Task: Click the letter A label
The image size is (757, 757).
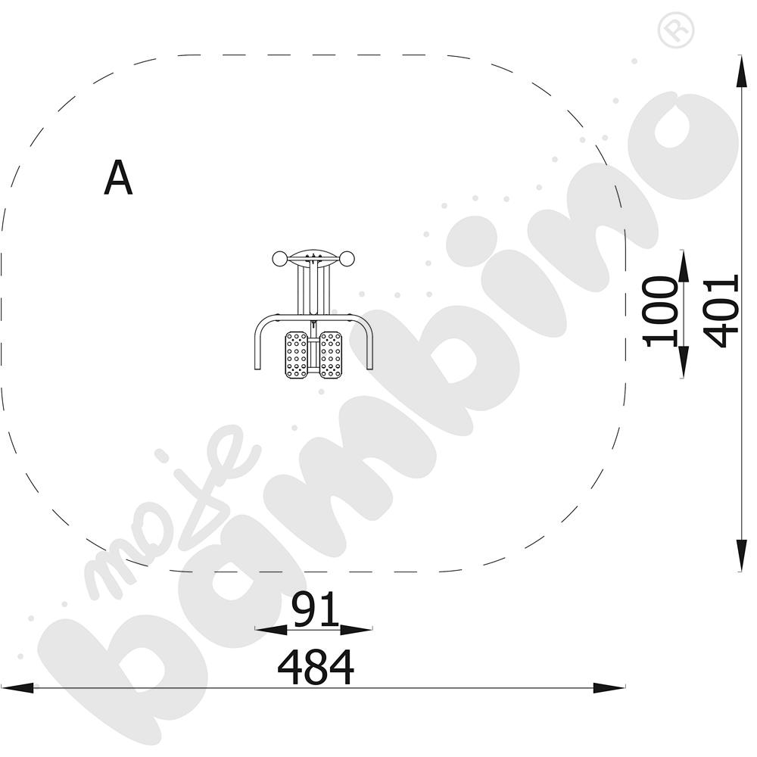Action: (x=118, y=178)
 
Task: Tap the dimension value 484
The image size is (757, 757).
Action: (x=316, y=667)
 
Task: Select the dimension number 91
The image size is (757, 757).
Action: (x=316, y=609)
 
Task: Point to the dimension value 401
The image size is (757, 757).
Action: (x=721, y=311)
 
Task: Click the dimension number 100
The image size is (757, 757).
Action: (x=660, y=311)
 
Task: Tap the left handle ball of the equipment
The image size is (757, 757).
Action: (x=279, y=259)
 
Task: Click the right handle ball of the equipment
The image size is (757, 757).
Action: (x=347, y=259)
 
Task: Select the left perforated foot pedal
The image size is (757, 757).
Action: (x=297, y=355)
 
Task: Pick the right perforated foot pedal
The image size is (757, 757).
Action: (x=331, y=355)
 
